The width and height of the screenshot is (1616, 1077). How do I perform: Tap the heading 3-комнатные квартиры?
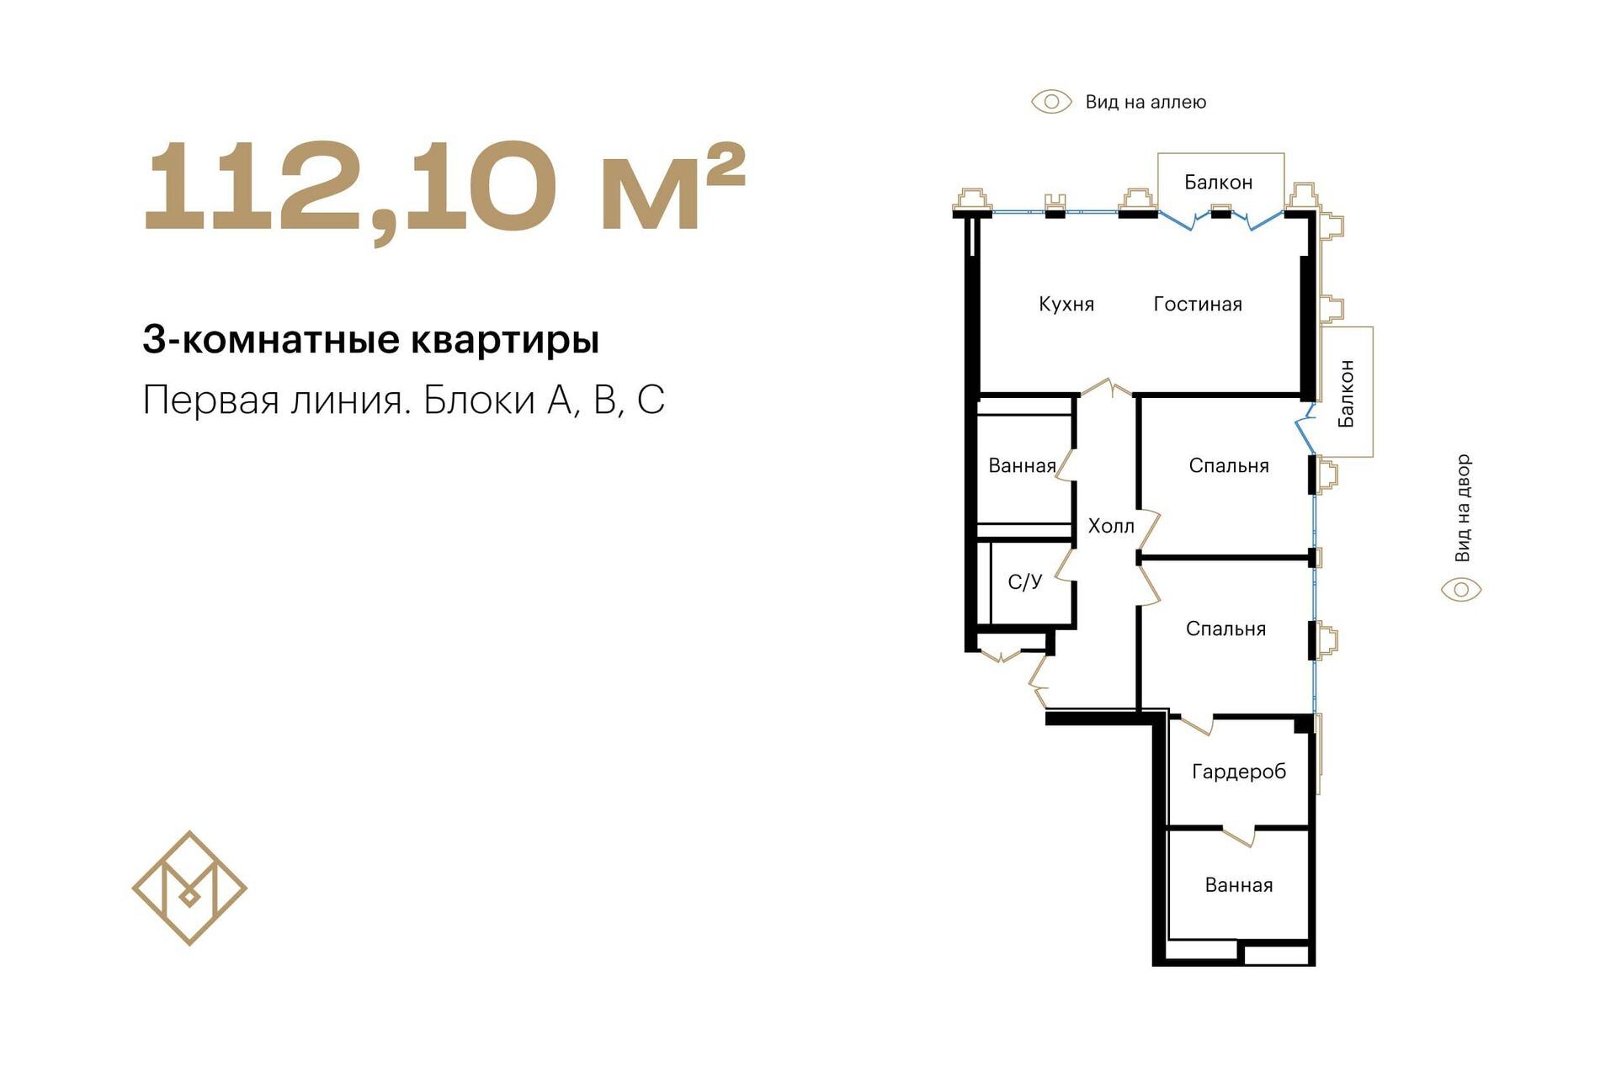pyautogui.click(x=371, y=340)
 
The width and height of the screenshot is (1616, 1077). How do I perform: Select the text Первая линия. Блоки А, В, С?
pyautogui.click(x=404, y=400)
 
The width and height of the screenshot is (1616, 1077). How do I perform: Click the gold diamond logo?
pyautogui.click(x=189, y=888)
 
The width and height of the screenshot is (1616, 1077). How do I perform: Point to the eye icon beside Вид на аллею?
pyautogui.click(x=1051, y=102)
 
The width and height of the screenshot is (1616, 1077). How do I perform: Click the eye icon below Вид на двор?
pyautogui.click(x=1461, y=589)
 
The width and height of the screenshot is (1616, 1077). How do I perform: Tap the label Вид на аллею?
pyautogui.click(x=1146, y=102)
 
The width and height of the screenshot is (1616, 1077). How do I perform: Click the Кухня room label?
pyautogui.click(x=1066, y=305)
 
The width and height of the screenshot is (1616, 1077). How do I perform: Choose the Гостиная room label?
pyautogui.click(x=1198, y=304)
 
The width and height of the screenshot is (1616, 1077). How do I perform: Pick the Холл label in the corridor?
pyautogui.click(x=1111, y=526)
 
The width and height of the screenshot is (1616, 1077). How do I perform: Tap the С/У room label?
pyautogui.click(x=1024, y=581)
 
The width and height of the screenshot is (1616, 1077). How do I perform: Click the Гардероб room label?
pyautogui.click(x=1239, y=772)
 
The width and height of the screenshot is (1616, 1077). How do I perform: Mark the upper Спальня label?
pyautogui.click(x=1229, y=465)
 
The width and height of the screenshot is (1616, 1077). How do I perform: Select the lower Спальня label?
pyautogui.click(x=1225, y=629)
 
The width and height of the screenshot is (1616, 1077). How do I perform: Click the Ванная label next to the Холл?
pyautogui.click(x=1022, y=465)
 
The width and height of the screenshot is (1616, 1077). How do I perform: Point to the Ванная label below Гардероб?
pyautogui.click(x=1239, y=884)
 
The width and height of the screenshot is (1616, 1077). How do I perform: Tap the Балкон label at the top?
pyautogui.click(x=1218, y=182)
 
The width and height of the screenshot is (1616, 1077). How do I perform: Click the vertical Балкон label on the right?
pyautogui.click(x=1346, y=393)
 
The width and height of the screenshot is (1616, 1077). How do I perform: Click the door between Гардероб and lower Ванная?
pyautogui.click(x=1238, y=836)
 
